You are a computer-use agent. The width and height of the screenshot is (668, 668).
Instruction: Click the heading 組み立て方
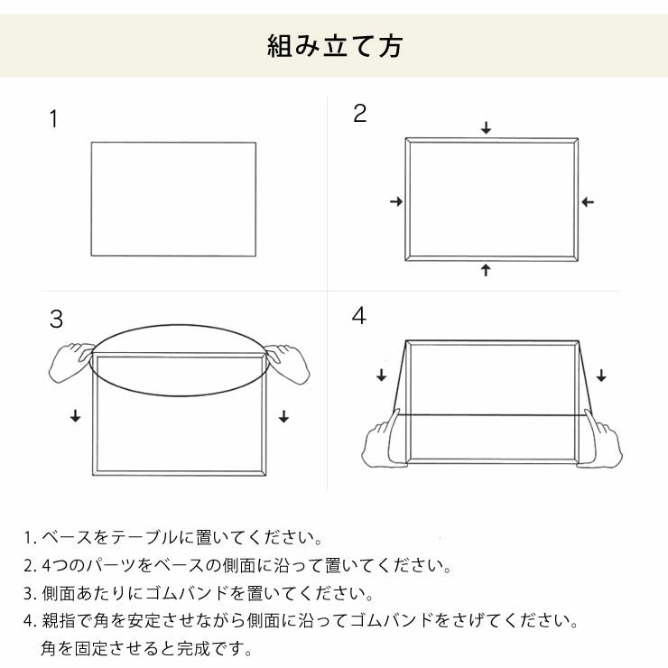(334, 45)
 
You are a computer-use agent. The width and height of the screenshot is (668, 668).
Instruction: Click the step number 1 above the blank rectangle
(53, 120)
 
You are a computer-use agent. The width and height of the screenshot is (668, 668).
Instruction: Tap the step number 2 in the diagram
(359, 114)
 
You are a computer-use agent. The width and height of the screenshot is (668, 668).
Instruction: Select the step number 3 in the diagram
(56, 319)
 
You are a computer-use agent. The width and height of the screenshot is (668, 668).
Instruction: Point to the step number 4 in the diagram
(359, 317)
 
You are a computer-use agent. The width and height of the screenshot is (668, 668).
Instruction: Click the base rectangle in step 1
(172, 199)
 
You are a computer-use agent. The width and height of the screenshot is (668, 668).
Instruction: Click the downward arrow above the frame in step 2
(486, 128)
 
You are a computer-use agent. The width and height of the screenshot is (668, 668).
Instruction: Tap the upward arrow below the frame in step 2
(486, 269)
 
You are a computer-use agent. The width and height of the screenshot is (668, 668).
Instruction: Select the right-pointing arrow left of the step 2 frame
(395, 202)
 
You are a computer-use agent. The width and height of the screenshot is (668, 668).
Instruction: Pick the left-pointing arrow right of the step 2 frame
(588, 202)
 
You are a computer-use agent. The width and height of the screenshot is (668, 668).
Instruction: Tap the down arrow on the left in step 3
(74, 415)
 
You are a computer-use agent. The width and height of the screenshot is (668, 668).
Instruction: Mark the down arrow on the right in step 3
(283, 415)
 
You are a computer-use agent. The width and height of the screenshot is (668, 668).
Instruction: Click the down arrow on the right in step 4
(601, 375)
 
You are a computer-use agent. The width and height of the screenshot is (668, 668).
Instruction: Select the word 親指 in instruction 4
(58, 621)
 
